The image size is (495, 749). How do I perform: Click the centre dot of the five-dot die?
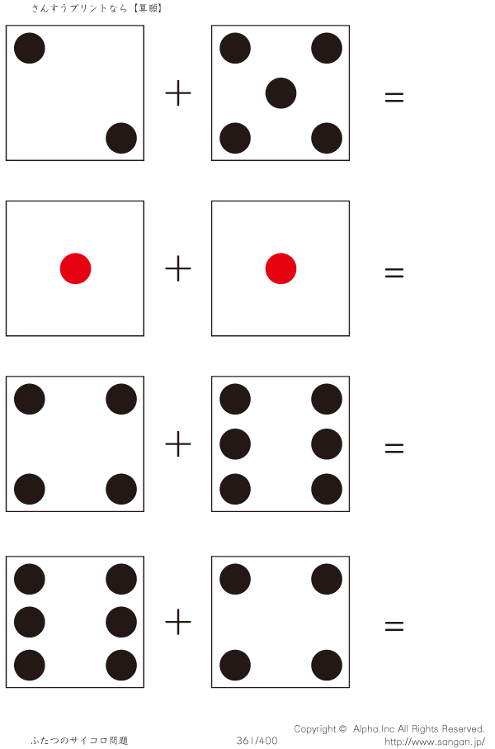pos(280,92)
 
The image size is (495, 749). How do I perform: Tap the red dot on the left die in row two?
pos(75,268)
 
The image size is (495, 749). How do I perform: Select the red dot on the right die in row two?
pos(280,268)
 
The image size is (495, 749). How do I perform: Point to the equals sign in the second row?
pos(394,272)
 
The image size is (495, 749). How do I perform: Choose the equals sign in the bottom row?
pos(394,627)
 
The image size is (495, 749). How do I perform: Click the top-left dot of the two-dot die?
pos(30,48)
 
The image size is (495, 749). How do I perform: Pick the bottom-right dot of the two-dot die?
pos(121,138)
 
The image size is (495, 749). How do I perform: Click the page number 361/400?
pos(257,741)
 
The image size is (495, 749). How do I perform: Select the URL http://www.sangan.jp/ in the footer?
pos(435,742)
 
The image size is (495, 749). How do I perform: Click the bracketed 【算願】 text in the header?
pos(146,8)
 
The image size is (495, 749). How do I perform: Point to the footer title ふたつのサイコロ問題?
pos(80,741)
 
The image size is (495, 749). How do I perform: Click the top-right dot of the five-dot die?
pos(327,48)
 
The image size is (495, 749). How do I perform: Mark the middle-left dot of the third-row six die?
pos(235,444)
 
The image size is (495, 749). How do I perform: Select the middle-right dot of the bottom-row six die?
pos(121,622)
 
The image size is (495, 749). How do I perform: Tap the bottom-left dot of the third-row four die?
pos(30,489)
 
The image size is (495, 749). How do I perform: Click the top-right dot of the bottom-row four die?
pos(327,579)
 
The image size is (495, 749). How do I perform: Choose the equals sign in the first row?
pos(394,97)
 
